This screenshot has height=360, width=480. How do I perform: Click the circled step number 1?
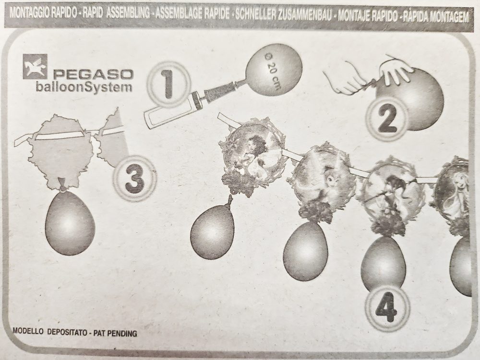click(x=168, y=83)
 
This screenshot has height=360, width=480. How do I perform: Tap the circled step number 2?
click(x=387, y=119)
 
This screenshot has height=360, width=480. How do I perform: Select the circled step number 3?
click(x=135, y=179)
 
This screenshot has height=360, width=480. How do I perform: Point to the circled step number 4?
click(x=386, y=307)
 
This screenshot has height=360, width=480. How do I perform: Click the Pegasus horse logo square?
click(x=35, y=66)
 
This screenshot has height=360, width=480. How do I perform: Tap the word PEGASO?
click(x=94, y=75)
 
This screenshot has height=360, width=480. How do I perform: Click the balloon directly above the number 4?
click(x=384, y=263)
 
